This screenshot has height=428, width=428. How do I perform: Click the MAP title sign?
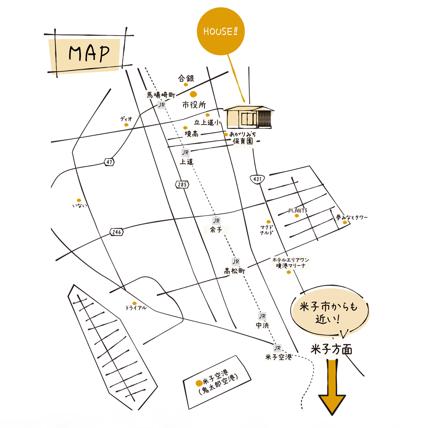point(88,54)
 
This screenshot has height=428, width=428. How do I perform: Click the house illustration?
point(249,117)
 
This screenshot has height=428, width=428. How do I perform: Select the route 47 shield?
point(109,162)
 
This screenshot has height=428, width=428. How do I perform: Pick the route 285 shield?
point(182,184)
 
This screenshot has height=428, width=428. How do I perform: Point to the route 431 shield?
point(258,179)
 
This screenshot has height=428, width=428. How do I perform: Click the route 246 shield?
point(117,232)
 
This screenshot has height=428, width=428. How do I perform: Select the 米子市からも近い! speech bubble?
point(330,313)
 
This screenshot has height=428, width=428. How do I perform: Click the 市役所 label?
point(194,105)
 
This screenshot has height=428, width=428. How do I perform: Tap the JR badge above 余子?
point(216,220)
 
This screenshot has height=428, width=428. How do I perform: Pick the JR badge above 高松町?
point(236,262)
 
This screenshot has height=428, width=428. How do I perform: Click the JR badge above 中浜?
point(262,316)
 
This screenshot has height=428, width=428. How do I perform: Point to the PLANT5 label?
point(298,210)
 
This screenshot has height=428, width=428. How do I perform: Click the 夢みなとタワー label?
point(352,217)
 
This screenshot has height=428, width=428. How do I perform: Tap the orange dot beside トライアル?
point(135,303)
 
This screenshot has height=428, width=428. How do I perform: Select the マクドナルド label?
point(267,230)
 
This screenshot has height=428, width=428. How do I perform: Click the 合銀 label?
point(186,78)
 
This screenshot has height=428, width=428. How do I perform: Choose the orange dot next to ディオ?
point(126,125)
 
